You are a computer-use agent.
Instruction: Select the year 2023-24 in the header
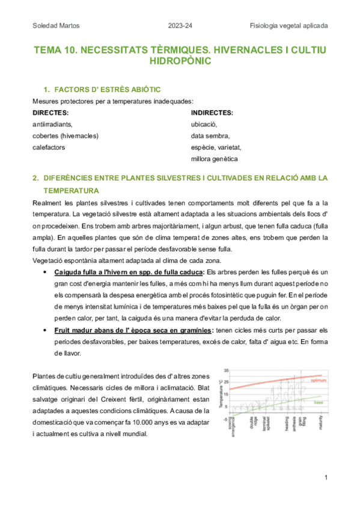tap(179, 26)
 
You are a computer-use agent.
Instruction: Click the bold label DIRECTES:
tap(50, 112)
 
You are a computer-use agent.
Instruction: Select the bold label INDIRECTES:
tap(212, 112)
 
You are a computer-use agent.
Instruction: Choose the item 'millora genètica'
tap(214, 159)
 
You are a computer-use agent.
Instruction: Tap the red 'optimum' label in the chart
tap(318, 381)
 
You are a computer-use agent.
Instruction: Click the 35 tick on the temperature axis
tap(225, 370)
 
